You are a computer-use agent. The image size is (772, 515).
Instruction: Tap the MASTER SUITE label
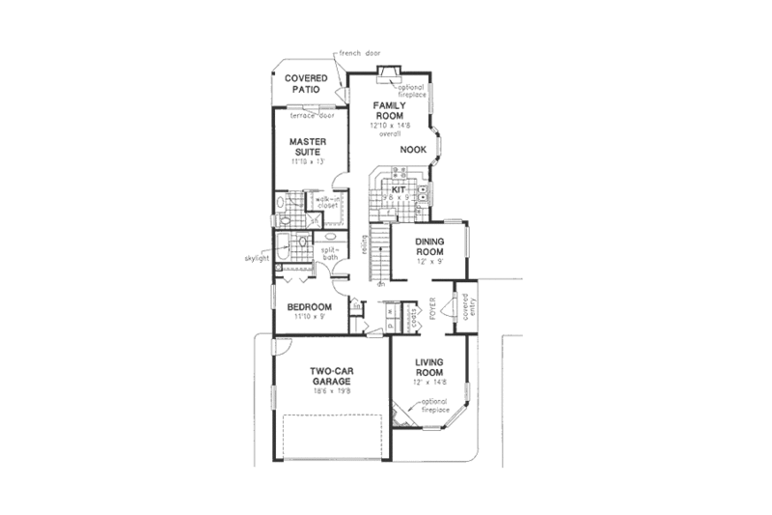click(308, 146)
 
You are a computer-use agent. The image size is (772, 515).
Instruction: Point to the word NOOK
click(413, 150)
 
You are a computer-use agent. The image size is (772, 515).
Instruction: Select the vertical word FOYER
click(433, 307)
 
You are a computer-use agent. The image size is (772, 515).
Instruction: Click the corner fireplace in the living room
click(401, 414)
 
